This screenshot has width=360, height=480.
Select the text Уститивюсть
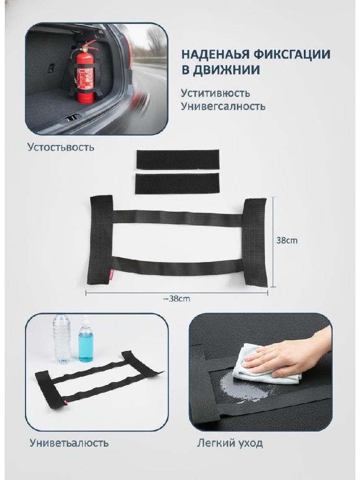[215, 93]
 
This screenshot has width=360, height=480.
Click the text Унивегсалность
[223, 106]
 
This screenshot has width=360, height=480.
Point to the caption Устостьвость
[61, 147]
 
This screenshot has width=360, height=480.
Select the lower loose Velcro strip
[177, 183]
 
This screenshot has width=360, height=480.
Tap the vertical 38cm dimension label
[287, 240]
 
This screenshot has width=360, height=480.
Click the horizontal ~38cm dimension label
[176, 299]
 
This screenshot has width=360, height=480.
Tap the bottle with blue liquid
[86, 341]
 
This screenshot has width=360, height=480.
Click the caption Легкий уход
[229, 443]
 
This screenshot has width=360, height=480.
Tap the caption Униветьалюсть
[69, 443]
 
